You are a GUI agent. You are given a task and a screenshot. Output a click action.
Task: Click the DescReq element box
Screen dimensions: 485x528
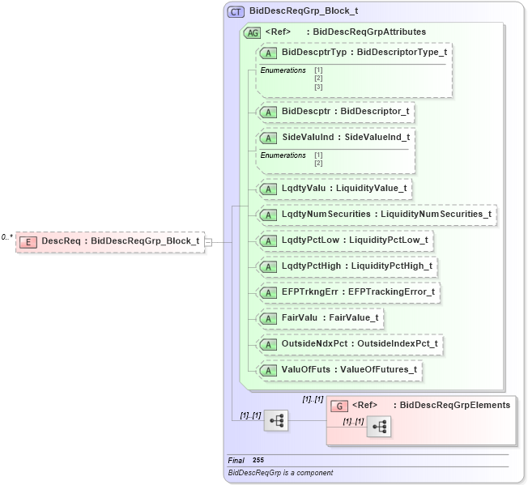point(111,240)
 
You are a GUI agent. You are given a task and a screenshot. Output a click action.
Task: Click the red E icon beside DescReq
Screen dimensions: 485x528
point(28,241)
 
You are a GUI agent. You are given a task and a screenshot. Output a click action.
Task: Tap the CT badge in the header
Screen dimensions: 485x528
point(236,12)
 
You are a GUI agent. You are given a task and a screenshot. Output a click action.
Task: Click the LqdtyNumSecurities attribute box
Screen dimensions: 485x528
point(377,215)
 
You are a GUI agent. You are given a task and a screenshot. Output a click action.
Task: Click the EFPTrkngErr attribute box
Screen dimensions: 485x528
point(349,291)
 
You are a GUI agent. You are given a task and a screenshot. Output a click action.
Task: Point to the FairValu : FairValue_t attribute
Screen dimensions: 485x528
point(320,317)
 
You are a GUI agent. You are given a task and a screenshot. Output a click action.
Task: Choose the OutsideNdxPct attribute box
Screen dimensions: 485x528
point(350,343)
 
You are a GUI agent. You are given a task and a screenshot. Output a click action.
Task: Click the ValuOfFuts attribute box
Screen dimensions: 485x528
point(339,369)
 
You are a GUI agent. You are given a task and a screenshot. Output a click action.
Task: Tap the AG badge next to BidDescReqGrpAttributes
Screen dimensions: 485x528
point(252,32)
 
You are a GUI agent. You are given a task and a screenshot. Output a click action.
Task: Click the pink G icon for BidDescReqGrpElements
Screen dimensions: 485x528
point(340,406)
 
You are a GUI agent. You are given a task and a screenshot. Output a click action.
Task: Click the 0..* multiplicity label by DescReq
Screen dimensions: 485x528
point(6,237)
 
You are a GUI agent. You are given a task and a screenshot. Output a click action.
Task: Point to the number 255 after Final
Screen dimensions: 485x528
point(258,460)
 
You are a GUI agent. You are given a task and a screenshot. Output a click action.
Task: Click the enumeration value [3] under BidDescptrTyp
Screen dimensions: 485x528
point(318,87)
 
